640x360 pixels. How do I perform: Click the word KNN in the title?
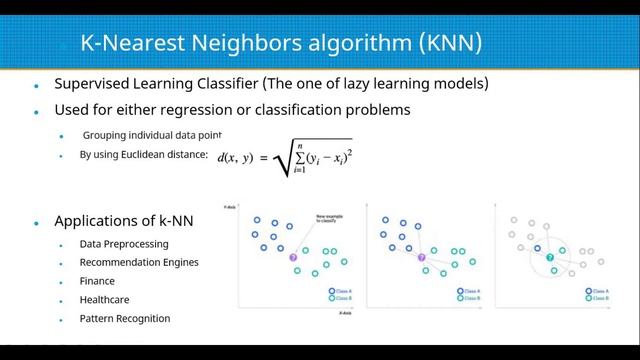(446, 43)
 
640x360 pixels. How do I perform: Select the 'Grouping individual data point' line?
(151, 135)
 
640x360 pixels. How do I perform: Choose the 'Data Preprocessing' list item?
(124, 244)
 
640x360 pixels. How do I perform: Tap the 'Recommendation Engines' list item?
(139, 263)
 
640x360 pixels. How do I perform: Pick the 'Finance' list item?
(97, 281)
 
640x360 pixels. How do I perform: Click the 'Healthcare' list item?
(104, 299)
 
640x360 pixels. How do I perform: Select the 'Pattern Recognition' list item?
(125, 318)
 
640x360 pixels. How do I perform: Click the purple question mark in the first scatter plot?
(293, 258)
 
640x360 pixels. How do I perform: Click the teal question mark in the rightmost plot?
(549, 258)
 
